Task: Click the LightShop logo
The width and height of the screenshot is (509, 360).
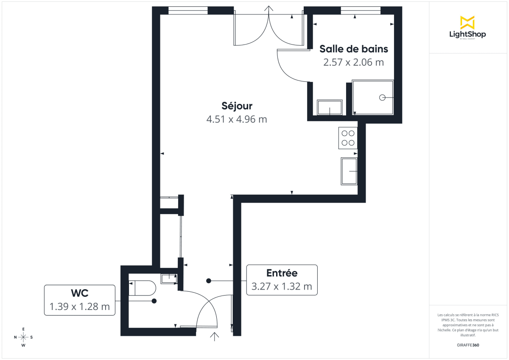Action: click(x=467, y=28)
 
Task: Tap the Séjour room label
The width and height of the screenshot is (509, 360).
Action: click(x=237, y=106)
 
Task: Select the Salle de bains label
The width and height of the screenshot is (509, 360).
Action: click(x=353, y=49)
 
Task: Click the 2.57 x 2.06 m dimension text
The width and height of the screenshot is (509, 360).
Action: click(x=353, y=62)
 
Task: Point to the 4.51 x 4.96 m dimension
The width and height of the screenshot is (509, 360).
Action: click(x=237, y=119)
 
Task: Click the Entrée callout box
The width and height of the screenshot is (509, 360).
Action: click(x=282, y=280)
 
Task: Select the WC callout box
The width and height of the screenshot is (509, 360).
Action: click(x=80, y=300)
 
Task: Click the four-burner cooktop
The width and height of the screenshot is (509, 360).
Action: click(x=348, y=138)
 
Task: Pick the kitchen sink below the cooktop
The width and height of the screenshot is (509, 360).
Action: click(x=349, y=171)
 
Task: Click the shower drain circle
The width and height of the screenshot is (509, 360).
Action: click(x=382, y=98)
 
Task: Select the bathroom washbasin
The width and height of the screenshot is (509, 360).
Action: click(x=330, y=107)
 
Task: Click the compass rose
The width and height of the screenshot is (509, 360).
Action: click(x=23, y=337)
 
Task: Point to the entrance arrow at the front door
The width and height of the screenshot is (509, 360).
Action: click(x=215, y=337)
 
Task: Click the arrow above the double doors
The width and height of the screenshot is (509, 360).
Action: click(x=269, y=10)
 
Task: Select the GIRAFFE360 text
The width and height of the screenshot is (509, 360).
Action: click(x=467, y=345)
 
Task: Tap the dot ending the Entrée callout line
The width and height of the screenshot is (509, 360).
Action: click(x=209, y=280)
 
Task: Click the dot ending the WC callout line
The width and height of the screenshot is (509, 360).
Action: click(x=154, y=301)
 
